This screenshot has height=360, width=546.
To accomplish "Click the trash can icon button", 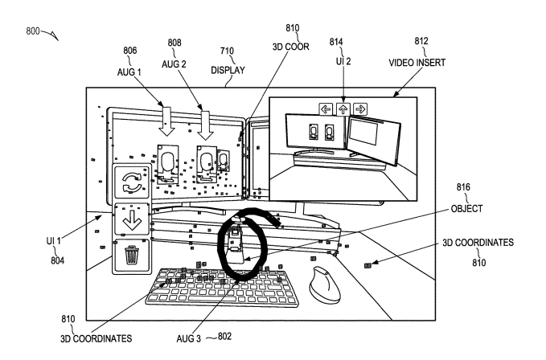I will point(130,256).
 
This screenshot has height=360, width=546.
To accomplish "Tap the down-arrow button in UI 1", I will point(130,219).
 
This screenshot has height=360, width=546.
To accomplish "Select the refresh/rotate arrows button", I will point(130,185).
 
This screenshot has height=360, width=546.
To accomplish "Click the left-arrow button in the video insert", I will point(326,107).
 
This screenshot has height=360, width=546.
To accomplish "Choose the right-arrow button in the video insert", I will point(360,107).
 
